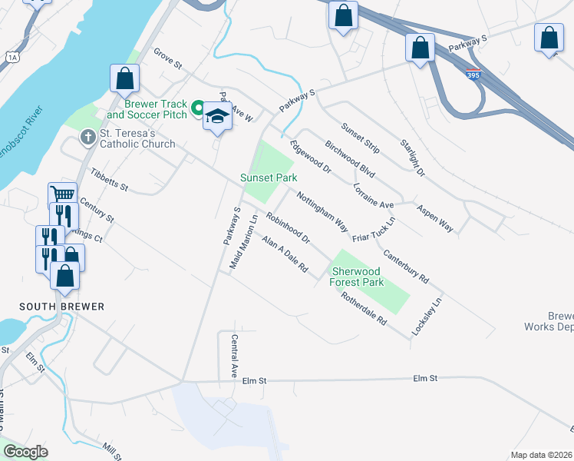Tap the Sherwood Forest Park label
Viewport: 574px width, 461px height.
357,277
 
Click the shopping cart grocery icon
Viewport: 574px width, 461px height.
62,194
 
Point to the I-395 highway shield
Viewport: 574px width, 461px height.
473,75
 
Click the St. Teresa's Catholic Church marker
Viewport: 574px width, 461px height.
87,138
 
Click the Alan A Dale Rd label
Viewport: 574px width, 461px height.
284,255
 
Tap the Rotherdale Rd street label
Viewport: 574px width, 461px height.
365,311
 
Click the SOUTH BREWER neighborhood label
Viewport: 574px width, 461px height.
61,307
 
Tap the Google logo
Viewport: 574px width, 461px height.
25,452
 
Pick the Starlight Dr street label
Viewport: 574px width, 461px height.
412,158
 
